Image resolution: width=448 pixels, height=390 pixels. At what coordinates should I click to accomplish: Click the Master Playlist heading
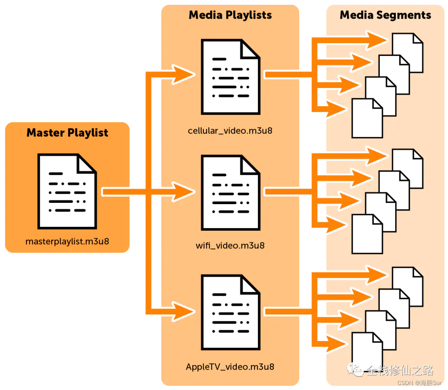pos(67,133)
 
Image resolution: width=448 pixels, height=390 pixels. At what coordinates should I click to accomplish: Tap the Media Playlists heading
pos(230,15)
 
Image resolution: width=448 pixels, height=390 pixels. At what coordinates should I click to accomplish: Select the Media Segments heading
pos(385,15)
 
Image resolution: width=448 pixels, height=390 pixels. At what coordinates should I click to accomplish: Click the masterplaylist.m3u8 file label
pos(67,241)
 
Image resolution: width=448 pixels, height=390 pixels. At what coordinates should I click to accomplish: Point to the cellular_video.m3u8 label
pos(230,131)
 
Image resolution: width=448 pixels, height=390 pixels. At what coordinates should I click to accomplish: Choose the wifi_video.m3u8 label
pos(230,245)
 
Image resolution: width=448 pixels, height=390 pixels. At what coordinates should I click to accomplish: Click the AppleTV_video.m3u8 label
pos(230,367)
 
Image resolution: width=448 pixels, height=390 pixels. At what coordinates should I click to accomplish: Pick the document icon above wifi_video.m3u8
pos(230,193)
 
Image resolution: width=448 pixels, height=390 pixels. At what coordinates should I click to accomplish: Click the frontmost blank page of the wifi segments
pos(366,236)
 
